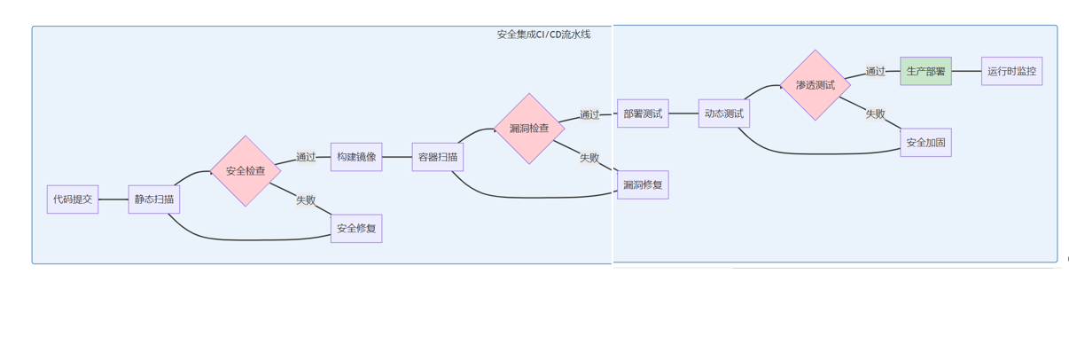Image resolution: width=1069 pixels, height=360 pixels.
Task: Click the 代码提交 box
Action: (x=73, y=200)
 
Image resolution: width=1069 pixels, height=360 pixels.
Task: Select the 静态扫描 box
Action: (x=154, y=200)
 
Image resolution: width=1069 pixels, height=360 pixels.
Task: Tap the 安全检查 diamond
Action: (x=246, y=171)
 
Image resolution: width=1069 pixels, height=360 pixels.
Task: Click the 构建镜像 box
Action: (x=356, y=157)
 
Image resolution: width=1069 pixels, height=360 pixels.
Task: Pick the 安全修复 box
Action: (x=356, y=229)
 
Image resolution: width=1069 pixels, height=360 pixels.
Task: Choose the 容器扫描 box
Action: (x=438, y=157)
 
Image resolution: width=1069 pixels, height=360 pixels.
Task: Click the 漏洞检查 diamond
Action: (x=529, y=129)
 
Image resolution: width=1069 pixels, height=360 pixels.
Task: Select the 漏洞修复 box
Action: (x=643, y=185)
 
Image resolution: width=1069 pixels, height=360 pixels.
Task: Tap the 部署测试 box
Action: (x=643, y=113)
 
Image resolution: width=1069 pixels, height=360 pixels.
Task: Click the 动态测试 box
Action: (x=724, y=113)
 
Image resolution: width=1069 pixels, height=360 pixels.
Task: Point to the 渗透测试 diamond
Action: (x=815, y=85)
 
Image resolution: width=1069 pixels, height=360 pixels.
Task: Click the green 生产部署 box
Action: (x=925, y=71)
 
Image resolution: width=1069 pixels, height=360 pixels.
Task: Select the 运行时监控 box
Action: (x=1011, y=71)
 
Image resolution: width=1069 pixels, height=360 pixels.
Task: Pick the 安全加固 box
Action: (x=925, y=143)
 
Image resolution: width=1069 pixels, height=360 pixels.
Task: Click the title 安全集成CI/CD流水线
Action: (x=543, y=35)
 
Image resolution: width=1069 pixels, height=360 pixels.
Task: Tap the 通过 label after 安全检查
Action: (x=306, y=157)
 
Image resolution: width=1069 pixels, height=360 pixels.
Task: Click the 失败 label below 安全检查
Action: (x=306, y=200)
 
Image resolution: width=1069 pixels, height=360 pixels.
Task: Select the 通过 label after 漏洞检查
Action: (x=589, y=114)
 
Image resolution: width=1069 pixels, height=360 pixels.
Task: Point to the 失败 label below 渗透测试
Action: (x=876, y=114)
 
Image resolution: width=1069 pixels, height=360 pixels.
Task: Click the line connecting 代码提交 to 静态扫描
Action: (x=113, y=200)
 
